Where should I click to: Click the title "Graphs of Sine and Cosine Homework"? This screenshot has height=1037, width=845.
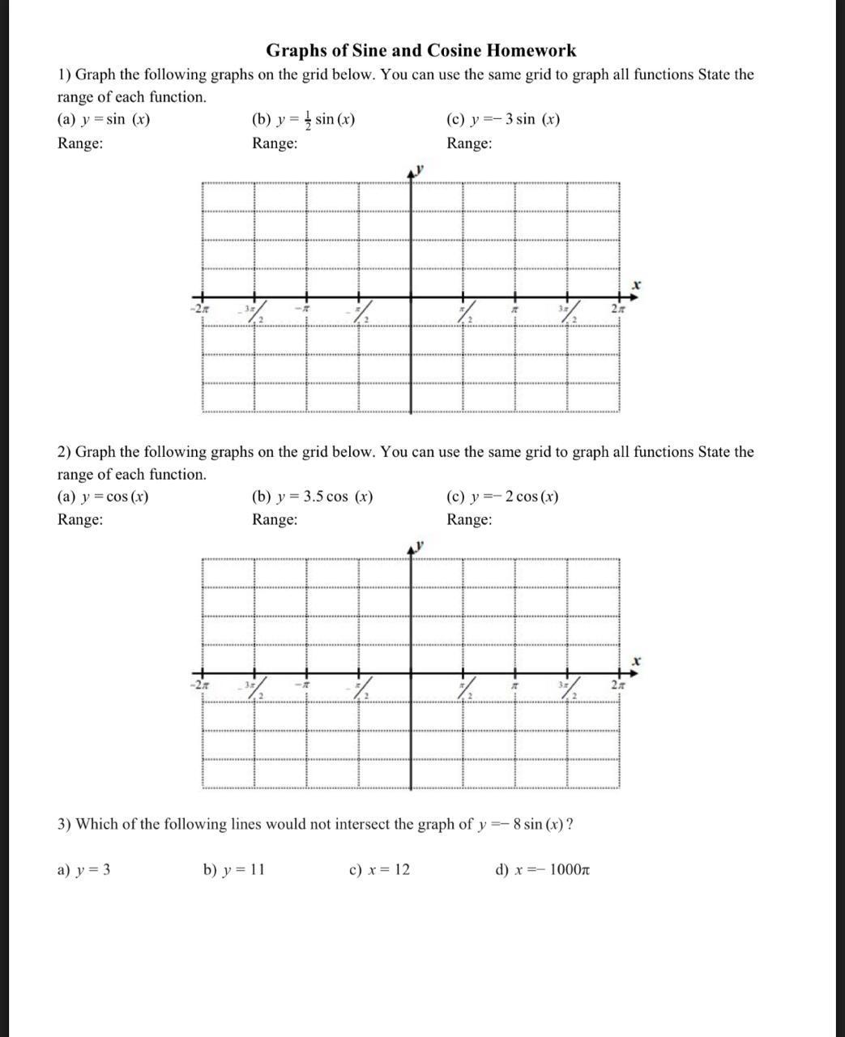[421, 51]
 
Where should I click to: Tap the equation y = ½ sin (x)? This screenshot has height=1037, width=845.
[313, 120]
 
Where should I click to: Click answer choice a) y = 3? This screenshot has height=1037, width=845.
[84, 870]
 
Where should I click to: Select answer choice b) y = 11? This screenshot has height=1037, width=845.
[234, 870]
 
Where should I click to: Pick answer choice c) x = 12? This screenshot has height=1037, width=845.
[379, 870]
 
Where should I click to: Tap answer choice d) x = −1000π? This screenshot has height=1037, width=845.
[542, 870]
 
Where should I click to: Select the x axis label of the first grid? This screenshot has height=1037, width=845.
[637, 285]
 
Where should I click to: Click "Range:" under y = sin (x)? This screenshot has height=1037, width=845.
[80, 143]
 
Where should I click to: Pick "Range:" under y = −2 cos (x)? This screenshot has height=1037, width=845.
[469, 519]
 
